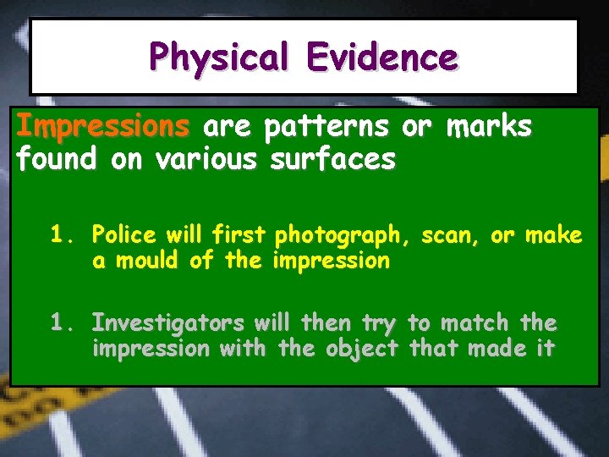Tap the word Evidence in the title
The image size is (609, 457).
(382, 58)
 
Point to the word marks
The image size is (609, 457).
(491, 127)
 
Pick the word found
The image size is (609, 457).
(59, 159)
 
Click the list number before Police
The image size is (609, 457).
(62, 234)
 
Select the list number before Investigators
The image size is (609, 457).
(62, 322)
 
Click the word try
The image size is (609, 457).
(379, 323)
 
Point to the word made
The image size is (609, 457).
(491, 348)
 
